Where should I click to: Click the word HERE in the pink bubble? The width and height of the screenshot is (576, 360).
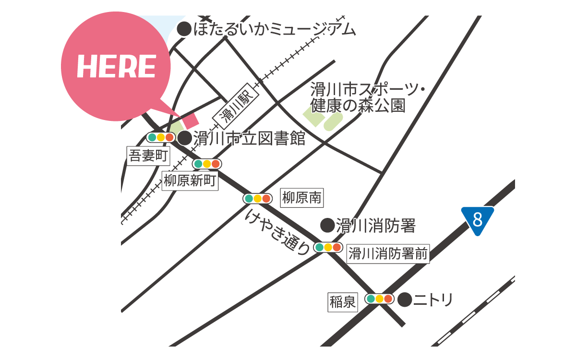[x=116, y=67]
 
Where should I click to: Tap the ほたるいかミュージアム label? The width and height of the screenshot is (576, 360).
[x=275, y=30]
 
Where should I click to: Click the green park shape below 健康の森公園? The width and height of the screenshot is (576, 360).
[x=323, y=118]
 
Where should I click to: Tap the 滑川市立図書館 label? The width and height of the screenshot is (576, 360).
[x=249, y=139]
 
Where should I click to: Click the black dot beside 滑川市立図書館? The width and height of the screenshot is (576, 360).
[x=185, y=138]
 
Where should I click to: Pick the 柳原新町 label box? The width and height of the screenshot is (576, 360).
[x=190, y=181]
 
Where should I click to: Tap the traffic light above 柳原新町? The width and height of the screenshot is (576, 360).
[x=207, y=164]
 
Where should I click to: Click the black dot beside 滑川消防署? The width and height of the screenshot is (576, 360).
[x=327, y=225]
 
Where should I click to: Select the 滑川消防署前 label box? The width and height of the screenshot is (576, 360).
[x=387, y=254]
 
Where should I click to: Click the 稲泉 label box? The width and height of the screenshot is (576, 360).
[x=343, y=302]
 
